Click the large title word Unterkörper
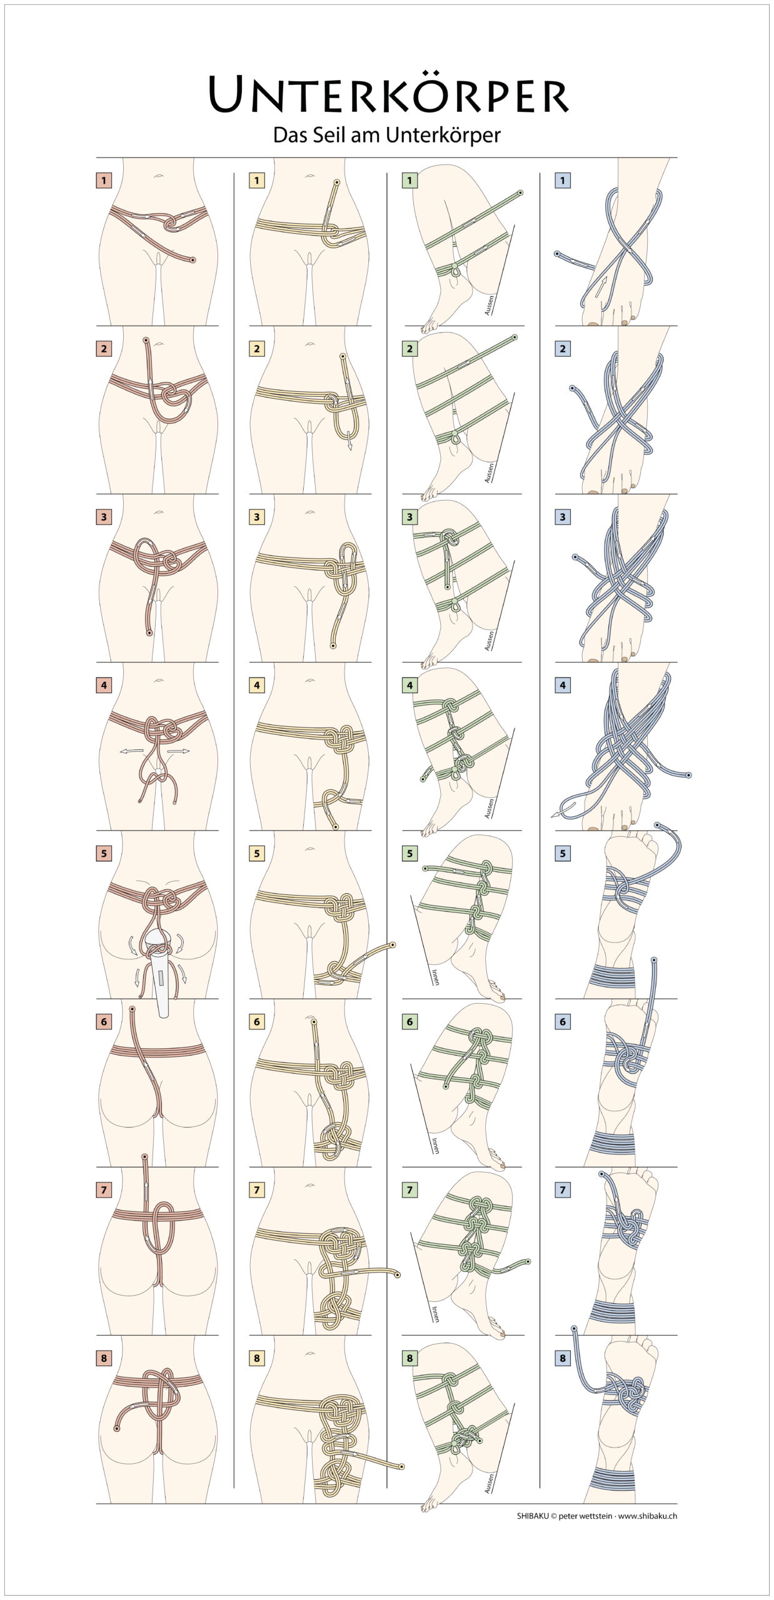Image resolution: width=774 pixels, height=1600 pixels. [388, 94]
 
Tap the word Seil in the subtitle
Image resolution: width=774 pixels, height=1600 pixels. [327, 135]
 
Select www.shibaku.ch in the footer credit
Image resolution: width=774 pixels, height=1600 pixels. [647, 1516]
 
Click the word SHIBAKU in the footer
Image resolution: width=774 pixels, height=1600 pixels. [533, 1516]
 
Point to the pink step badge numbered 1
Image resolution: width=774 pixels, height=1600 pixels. [104, 181]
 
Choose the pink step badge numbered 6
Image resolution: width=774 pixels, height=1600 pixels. [104, 1022]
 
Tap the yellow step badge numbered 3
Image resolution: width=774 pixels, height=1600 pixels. [256, 517]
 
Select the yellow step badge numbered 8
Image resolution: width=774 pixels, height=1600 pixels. [256, 1358]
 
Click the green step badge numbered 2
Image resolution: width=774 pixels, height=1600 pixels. [410, 349]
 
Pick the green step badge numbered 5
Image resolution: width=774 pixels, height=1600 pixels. [410, 854]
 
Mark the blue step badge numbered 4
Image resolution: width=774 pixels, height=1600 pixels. [563, 686]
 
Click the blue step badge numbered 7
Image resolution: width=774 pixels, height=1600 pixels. [563, 1190]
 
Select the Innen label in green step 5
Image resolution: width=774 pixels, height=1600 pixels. [435, 977]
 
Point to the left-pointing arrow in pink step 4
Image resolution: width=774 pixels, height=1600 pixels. [131, 751]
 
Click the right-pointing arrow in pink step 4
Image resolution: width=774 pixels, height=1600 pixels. [178, 751]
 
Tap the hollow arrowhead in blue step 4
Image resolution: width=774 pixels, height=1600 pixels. [555, 814]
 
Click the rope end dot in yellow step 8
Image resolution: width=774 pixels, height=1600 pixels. [401, 1466]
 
